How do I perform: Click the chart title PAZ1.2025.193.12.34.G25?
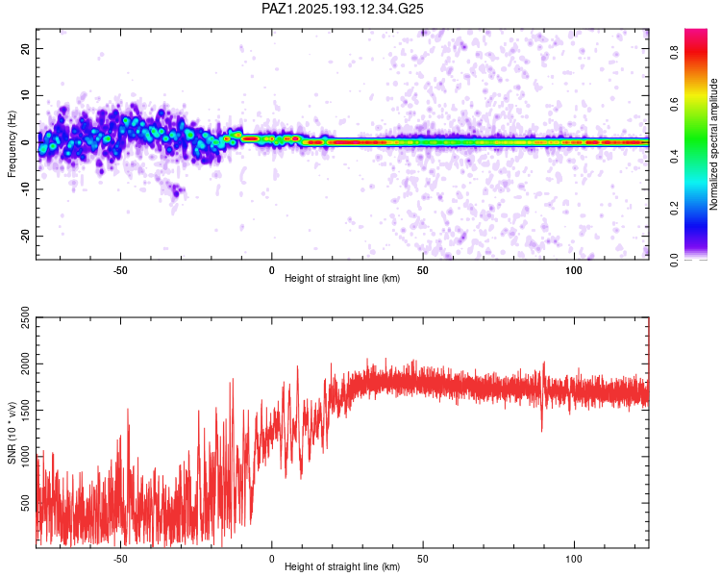(x=342, y=9)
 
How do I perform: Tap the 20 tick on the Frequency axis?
(x=26, y=48)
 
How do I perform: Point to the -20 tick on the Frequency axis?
(x=26, y=237)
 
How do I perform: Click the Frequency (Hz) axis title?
(x=12, y=143)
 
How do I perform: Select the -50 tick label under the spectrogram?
(x=120, y=270)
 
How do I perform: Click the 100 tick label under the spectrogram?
(x=573, y=270)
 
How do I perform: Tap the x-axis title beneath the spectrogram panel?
(x=342, y=278)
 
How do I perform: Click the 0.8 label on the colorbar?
(x=674, y=52)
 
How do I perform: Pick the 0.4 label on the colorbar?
(x=674, y=157)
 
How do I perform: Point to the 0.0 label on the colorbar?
(x=674, y=261)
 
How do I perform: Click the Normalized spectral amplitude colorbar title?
(x=713, y=144)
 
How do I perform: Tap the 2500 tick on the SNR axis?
(x=26, y=317)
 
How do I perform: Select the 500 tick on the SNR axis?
(x=26, y=502)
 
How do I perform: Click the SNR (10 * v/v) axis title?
(x=12, y=433)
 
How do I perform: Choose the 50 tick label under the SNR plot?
(x=423, y=559)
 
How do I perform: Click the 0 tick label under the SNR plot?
(x=271, y=559)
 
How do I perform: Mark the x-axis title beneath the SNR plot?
(x=342, y=566)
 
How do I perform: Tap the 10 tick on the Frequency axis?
(x=26, y=95)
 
